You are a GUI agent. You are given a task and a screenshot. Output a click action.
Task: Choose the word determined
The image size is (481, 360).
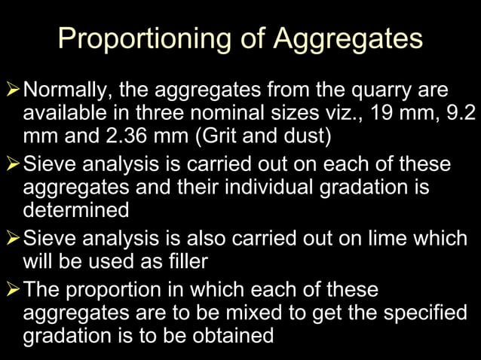(x=76, y=209)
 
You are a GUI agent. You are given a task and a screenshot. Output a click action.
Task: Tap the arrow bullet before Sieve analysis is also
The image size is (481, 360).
(x=12, y=238)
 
